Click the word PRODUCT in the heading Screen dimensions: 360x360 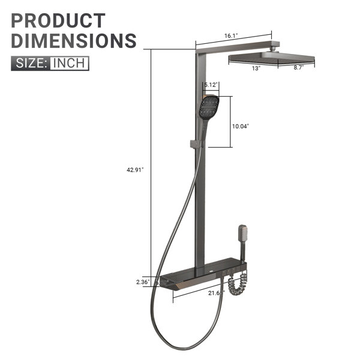click(x=58, y=21)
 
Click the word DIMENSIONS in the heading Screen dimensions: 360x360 click(x=74, y=41)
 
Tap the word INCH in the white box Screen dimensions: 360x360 click(x=69, y=63)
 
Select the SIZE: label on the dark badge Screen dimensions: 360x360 click(x=31, y=63)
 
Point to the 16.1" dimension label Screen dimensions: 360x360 click(x=231, y=35)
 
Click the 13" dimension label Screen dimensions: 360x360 click(x=256, y=68)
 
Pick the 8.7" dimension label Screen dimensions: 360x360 click(x=298, y=67)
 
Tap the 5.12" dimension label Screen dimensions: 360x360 click(x=211, y=85)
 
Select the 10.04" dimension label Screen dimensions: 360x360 click(x=241, y=126)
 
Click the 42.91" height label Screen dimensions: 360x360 click(x=135, y=170)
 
